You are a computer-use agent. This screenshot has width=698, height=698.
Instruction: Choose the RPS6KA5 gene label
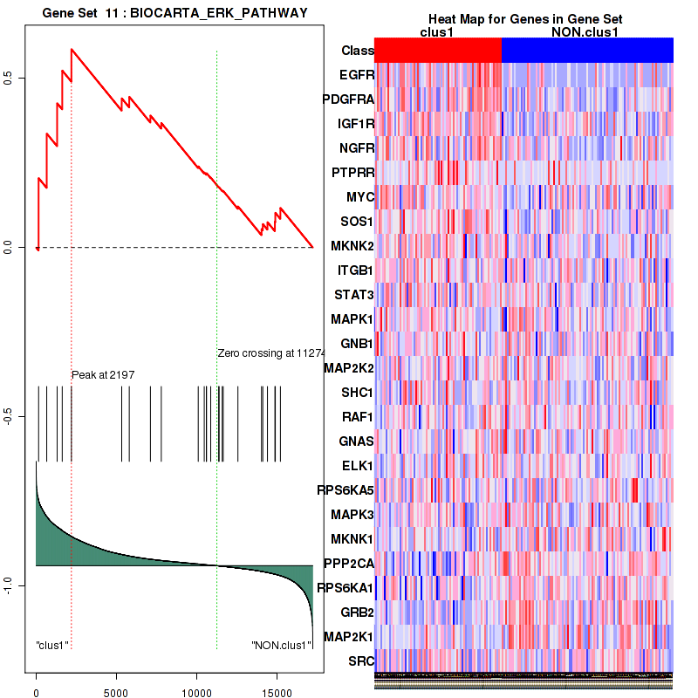tap(346, 489)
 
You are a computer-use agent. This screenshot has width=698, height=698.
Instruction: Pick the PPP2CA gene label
tap(348, 563)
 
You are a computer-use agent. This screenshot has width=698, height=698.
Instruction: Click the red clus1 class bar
tap(438, 51)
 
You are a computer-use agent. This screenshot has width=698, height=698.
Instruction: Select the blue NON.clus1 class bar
tap(587, 51)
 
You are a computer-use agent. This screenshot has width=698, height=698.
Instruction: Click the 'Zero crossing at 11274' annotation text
tap(270, 353)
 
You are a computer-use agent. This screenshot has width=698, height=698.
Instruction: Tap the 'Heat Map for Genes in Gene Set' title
tap(524, 19)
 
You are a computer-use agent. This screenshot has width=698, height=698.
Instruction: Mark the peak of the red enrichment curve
tap(72, 49)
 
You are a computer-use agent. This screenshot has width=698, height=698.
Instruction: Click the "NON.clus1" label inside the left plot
tap(281, 646)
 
